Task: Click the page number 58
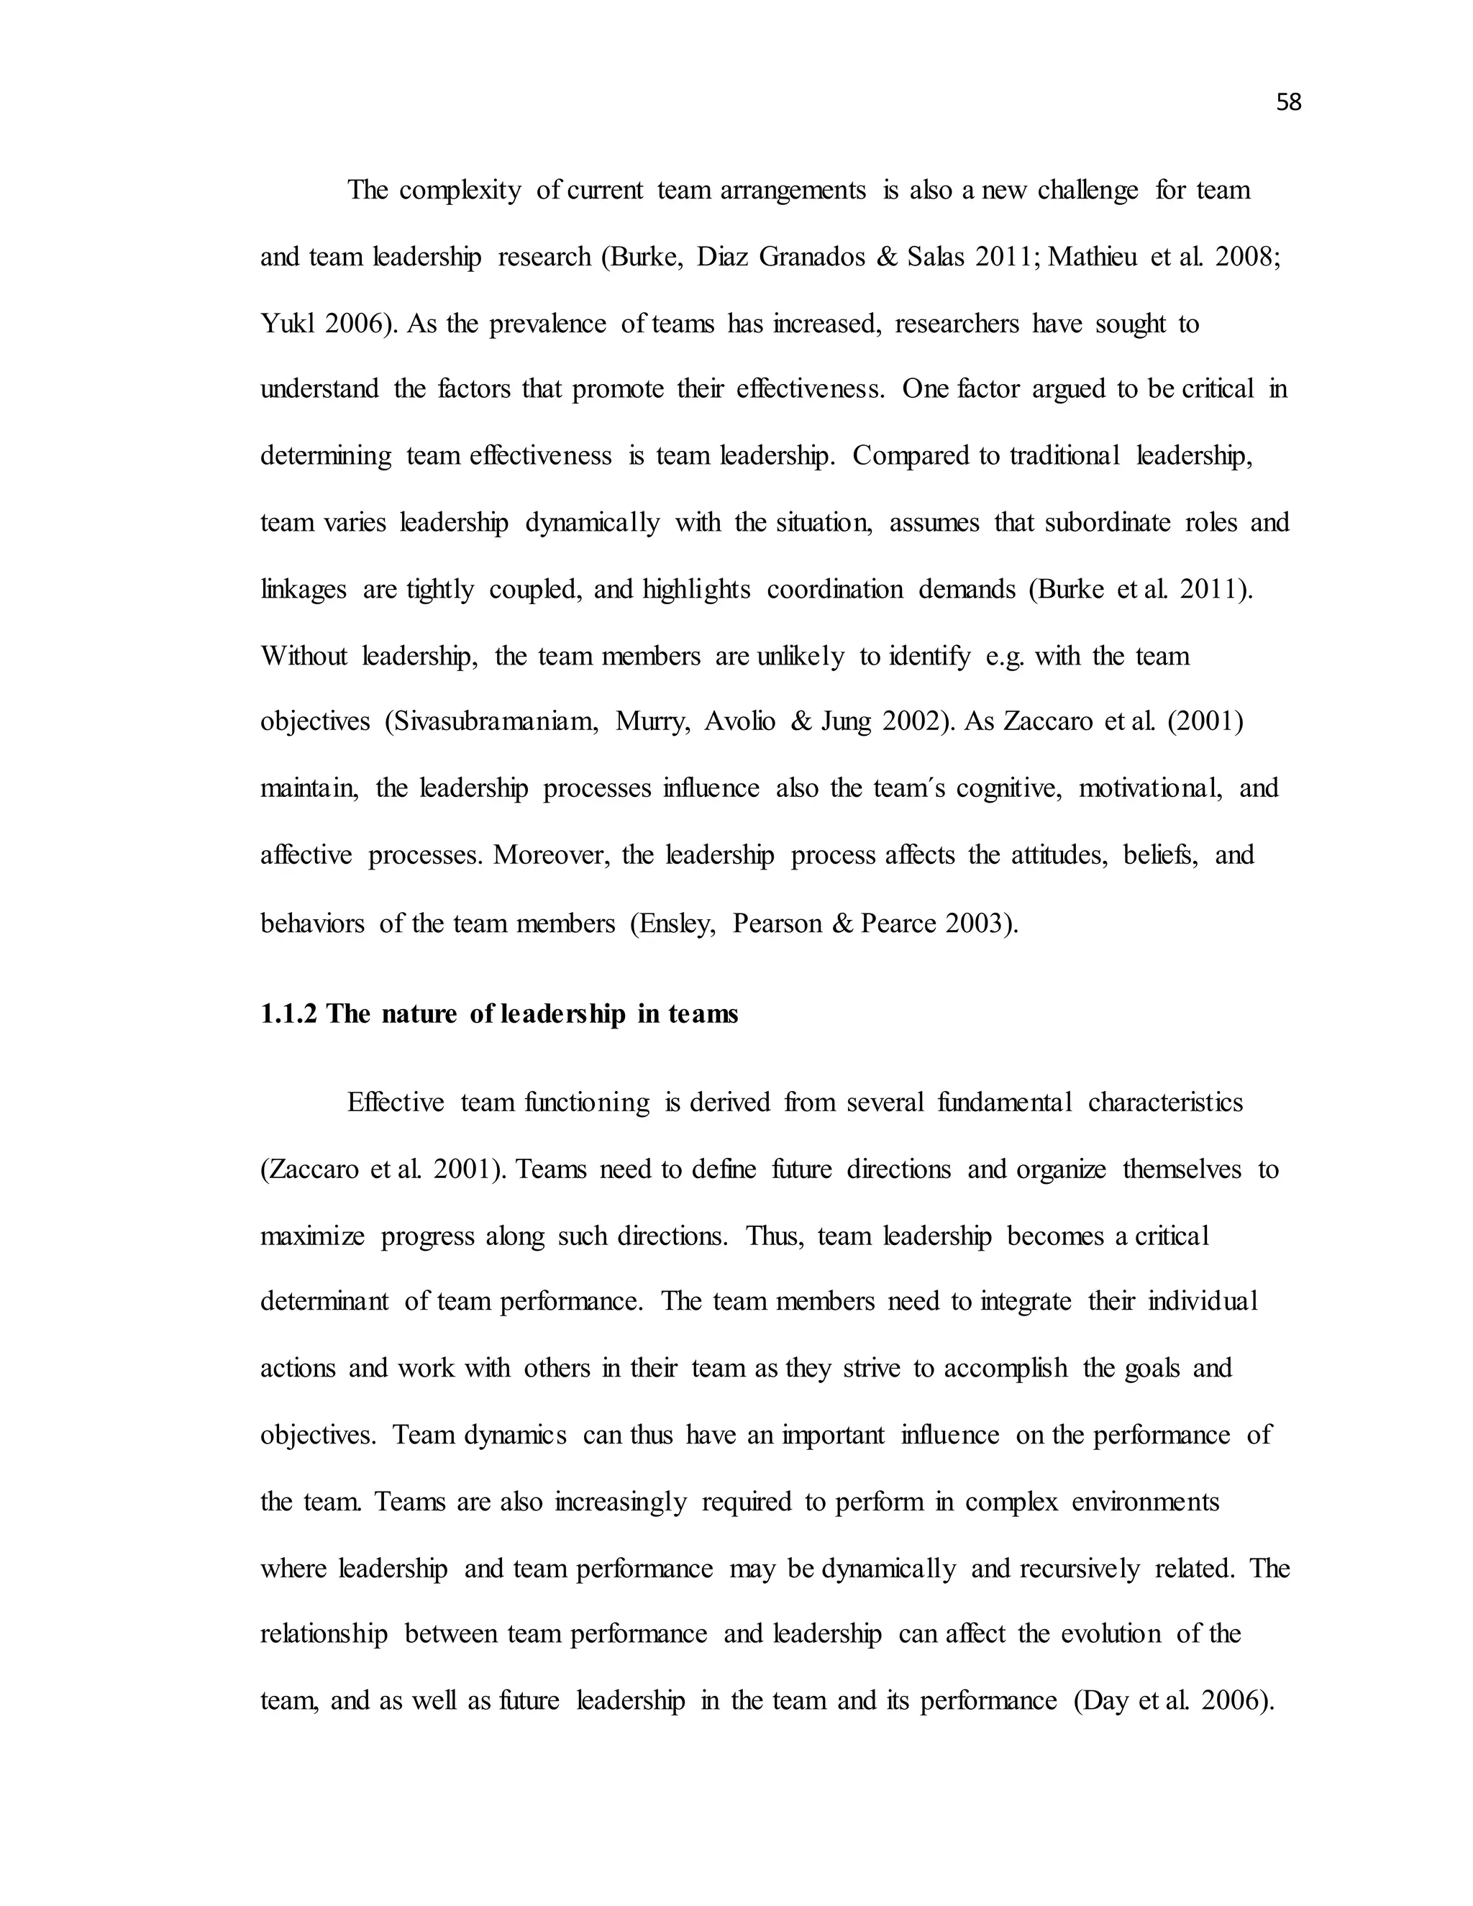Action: [1288, 103]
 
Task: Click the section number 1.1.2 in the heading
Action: [290, 1014]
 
